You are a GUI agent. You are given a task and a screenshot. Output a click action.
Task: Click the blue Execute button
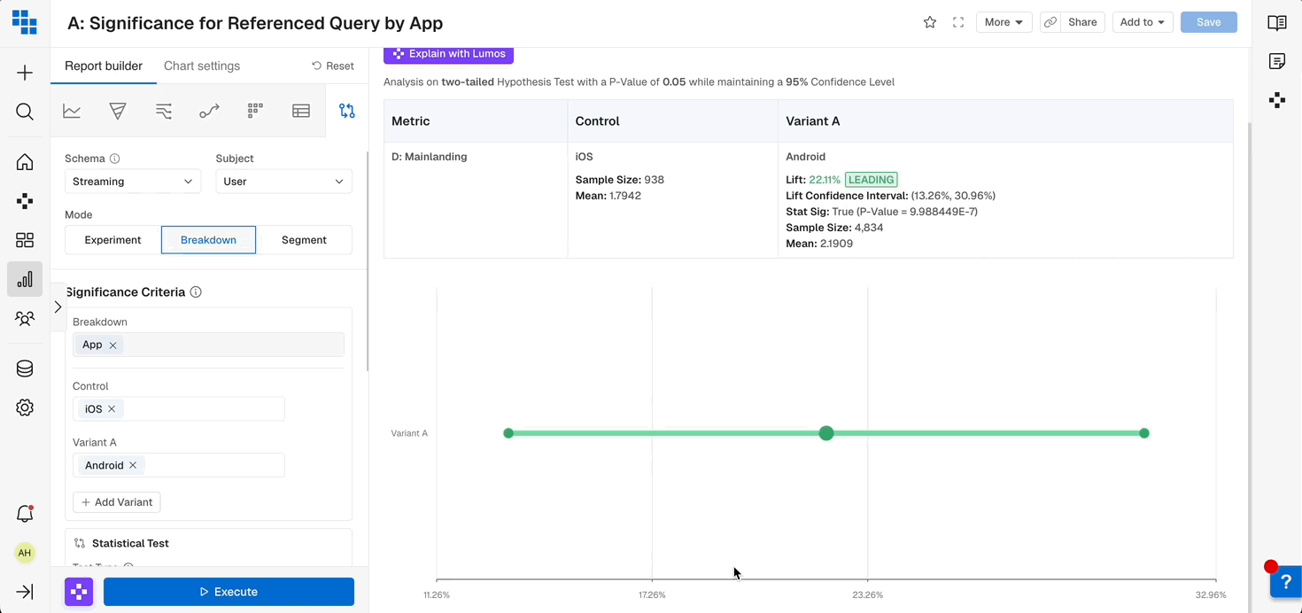click(x=229, y=592)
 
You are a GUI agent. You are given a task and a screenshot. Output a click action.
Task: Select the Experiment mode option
click(x=112, y=240)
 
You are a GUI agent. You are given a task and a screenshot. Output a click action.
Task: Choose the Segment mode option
click(x=304, y=240)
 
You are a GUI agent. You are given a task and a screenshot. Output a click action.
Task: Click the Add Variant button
click(x=116, y=502)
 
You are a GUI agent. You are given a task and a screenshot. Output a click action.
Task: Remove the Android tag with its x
click(x=133, y=465)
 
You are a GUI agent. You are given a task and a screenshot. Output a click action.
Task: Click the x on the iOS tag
click(x=112, y=409)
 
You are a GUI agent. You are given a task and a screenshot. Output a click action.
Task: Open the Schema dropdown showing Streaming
click(x=132, y=182)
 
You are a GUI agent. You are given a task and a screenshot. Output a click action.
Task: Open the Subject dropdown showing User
click(x=283, y=182)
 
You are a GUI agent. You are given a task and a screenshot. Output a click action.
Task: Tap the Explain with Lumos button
click(x=448, y=54)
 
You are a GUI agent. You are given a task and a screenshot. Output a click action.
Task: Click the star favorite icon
click(x=930, y=22)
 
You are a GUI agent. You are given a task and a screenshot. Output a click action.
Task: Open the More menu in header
click(x=1004, y=22)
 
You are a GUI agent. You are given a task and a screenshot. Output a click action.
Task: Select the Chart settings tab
click(x=202, y=66)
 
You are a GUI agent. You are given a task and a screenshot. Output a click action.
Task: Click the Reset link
click(x=333, y=66)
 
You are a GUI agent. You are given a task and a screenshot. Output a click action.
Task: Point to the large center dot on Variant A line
click(x=826, y=433)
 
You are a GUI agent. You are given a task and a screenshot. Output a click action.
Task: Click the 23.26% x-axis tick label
click(x=867, y=595)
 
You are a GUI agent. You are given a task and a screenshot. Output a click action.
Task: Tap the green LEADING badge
click(x=872, y=180)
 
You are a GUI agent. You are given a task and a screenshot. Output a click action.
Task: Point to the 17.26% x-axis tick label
click(x=652, y=595)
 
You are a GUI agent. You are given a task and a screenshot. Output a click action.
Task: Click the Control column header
click(x=598, y=121)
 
